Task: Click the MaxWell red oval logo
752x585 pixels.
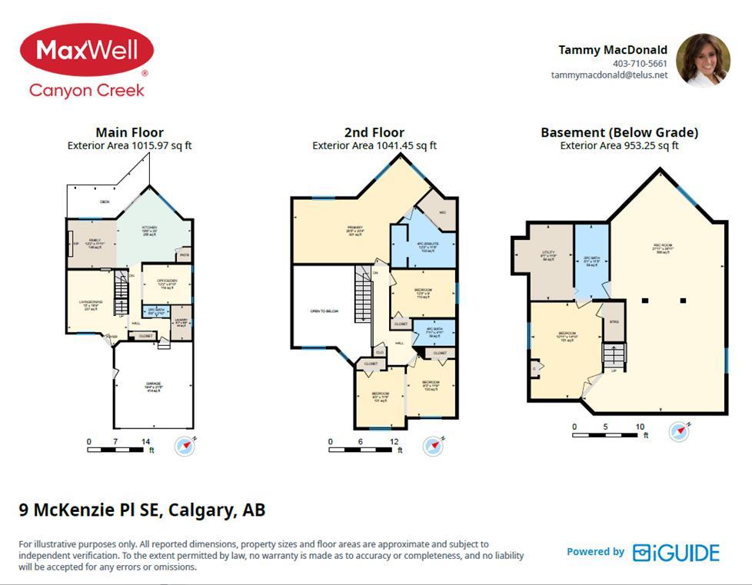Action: click(86, 50)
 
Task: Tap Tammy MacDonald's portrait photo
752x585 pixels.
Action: click(702, 59)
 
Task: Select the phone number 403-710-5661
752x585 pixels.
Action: click(640, 64)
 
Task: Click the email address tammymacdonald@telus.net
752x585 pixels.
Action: click(609, 75)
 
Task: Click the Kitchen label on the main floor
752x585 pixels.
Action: click(148, 231)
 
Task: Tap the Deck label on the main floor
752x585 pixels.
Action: click(105, 202)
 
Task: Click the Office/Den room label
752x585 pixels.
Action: click(167, 283)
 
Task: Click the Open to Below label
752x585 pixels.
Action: click(324, 311)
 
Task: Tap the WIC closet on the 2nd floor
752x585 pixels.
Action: click(443, 213)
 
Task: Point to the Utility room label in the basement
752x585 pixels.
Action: click(548, 255)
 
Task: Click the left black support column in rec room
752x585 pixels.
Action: click(646, 300)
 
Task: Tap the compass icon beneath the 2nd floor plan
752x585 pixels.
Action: click(433, 446)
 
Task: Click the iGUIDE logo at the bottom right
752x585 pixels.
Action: click(676, 553)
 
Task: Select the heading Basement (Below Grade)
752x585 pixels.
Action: click(619, 132)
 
